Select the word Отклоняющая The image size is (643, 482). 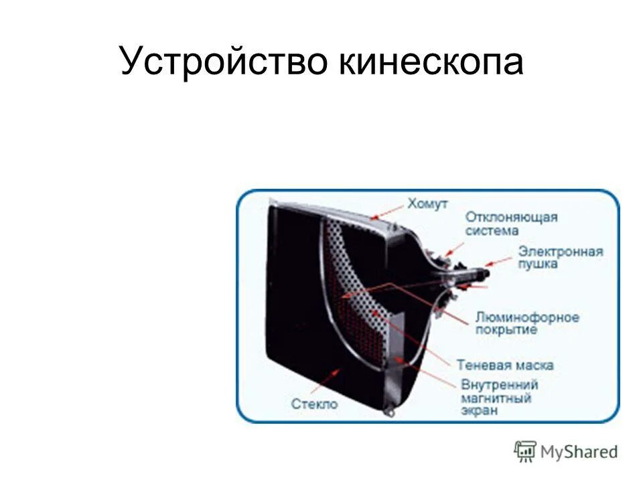[x=512, y=218]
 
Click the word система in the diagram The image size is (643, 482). [x=492, y=230]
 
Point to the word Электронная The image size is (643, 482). [x=560, y=252]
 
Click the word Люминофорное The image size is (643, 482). [x=527, y=317]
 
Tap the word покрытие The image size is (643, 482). [x=506, y=329]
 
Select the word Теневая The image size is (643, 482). [x=484, y=366]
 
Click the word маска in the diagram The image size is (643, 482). [x=534, y=366]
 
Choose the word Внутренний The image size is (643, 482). [x=499, y=385]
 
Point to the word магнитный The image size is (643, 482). [x=496, y=398]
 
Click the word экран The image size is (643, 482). [x=479, y=410]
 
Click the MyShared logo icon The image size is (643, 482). [x=525, y=451]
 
